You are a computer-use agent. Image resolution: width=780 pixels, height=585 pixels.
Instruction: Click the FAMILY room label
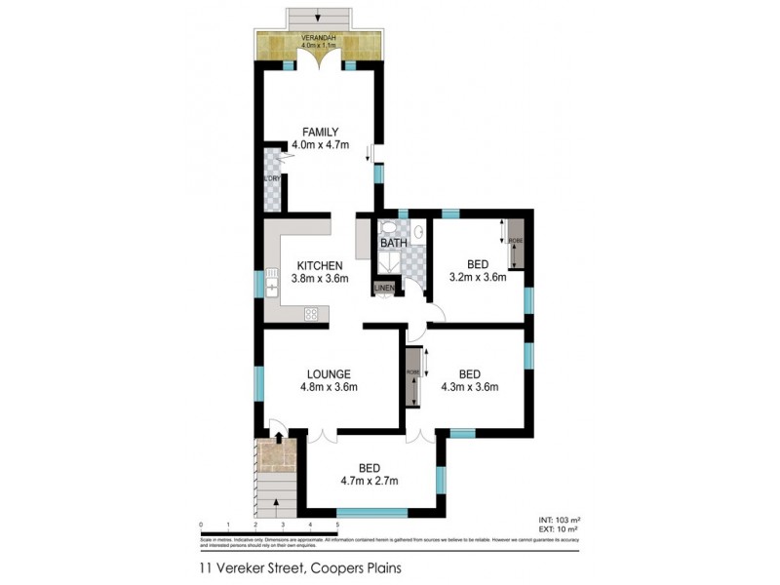pos(319,132)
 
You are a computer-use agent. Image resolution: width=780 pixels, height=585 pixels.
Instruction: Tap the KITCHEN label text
pos(319,265)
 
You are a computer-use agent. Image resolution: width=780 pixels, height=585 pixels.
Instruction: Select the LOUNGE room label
pos(328,373)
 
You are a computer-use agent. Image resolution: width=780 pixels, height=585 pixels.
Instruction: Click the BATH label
pos(393,243)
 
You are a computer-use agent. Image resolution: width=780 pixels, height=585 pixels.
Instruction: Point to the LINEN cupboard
pos(385,289)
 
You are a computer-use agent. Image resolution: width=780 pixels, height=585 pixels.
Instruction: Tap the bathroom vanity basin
pos(418,232)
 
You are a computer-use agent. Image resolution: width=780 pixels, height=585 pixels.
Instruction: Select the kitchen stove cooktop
pos(313,313)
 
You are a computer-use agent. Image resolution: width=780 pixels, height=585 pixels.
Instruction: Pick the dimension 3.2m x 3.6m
pos(477,278)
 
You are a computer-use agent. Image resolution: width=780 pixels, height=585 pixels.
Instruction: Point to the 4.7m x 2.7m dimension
pos(369,480)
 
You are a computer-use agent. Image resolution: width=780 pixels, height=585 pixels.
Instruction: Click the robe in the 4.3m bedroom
pos(412,377)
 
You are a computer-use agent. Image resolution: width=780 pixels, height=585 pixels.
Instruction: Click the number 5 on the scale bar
pos(337,525)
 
